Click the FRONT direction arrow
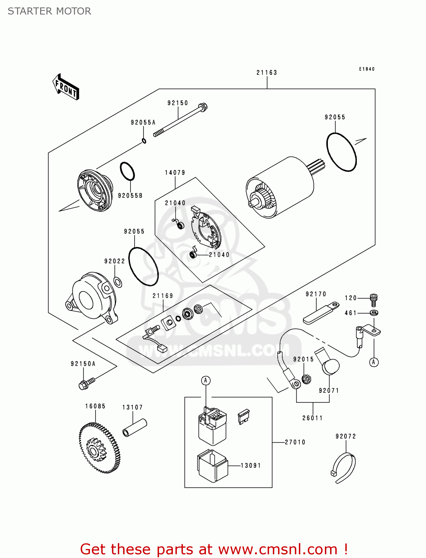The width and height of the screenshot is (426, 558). tap(66, 87)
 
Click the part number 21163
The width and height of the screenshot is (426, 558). tap(267, 73)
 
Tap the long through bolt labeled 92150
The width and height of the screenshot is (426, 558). tap(180, 120)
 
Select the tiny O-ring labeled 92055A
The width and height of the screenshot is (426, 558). tap(144, 141)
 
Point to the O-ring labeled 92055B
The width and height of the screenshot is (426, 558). tap(127, 171)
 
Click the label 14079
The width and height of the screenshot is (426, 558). tap(175, 173)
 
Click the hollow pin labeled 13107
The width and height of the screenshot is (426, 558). tap(135, 428)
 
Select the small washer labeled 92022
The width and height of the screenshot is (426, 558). tap(117, 282)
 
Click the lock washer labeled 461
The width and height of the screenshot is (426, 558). tap(374, 312)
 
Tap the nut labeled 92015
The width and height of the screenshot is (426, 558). tap(307, 379)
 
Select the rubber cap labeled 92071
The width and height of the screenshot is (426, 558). tap(330, 367)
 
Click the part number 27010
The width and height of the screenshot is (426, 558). tap(295, 442)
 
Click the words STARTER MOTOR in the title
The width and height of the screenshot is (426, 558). tap(49, 11)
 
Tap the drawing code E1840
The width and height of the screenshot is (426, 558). tap(367, 69)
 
